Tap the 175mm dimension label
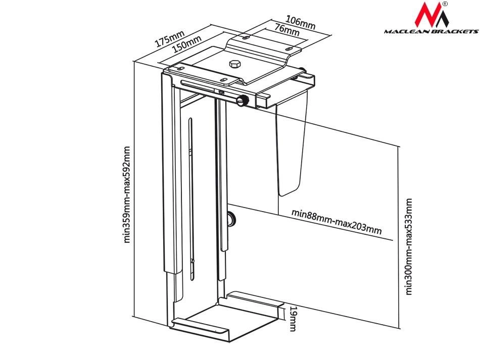point(170,39)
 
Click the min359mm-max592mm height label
point(127,194)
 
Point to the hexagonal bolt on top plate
point(234,64)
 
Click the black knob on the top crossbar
point(243,100)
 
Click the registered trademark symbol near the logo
point(445,4)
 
